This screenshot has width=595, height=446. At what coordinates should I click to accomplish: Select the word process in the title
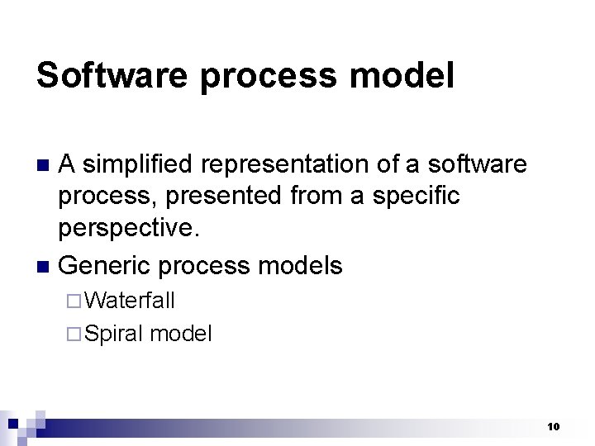click(268, 75)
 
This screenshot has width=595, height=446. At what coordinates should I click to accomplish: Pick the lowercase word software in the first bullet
click(477, 165)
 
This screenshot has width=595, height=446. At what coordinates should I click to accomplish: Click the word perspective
click(129, 228)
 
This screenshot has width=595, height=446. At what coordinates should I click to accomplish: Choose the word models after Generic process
click(300, 265)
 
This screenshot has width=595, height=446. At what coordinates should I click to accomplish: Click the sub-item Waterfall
click(130, 301)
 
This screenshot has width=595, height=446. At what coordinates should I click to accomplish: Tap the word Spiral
click(114, 334)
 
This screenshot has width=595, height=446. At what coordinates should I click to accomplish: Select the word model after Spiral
click(181, 334)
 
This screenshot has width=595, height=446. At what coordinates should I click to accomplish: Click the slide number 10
click(553, 426)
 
